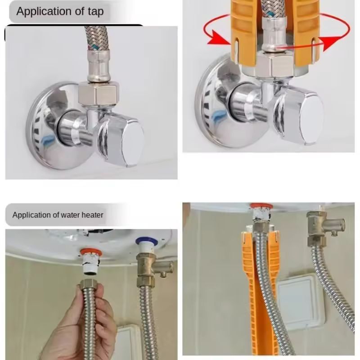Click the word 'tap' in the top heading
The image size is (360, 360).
coord(96,12)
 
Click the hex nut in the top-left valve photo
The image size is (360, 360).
coord(99,94)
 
